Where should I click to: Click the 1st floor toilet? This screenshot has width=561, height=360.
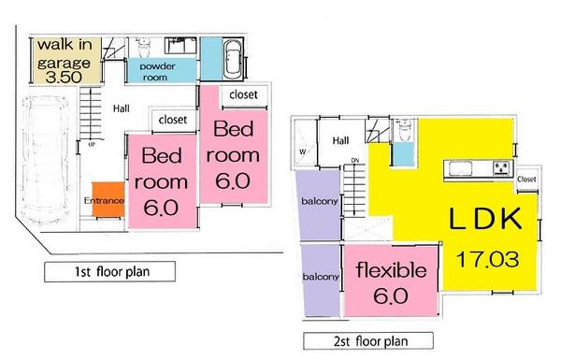(x=176, y=44)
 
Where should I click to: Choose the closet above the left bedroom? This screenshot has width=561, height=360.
(x=172, y=119)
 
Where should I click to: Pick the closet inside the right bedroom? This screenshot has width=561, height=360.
(x=245, y=94)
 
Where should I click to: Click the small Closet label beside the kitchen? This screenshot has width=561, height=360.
(x=526, y=178)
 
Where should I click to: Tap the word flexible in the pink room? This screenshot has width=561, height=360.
(x=392, y=271)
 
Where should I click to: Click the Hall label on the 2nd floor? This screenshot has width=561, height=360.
(x=340, y=141)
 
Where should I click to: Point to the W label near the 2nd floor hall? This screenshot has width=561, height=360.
(x=302, y=151)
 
